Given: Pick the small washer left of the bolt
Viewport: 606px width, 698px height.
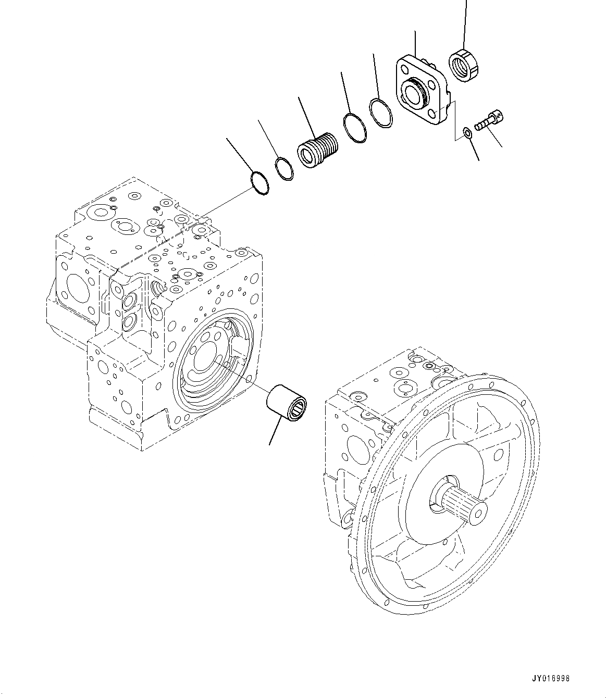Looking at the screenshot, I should (x=468, y=132).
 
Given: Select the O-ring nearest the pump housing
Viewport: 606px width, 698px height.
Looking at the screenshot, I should (x=259, y=183).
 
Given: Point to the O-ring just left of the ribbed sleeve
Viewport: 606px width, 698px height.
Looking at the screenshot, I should (x=284, y=168).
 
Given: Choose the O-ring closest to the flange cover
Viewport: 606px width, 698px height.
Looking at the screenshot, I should (x=382, y=111).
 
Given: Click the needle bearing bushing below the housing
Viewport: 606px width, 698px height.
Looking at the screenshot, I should (x=287, y=401).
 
